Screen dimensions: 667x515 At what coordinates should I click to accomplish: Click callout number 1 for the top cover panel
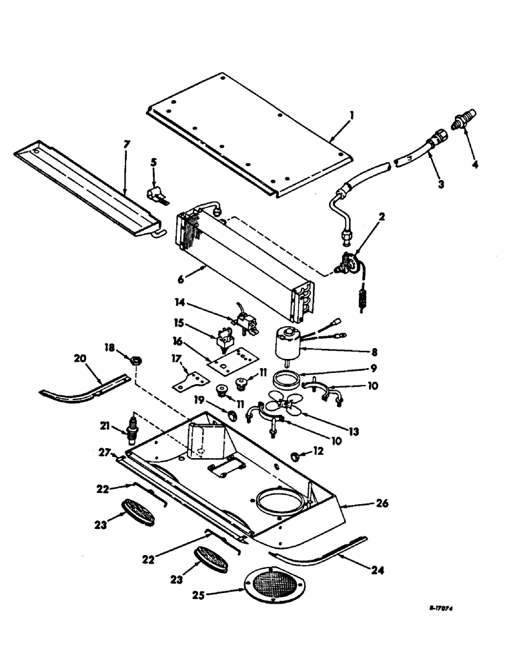tap(351, 115)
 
